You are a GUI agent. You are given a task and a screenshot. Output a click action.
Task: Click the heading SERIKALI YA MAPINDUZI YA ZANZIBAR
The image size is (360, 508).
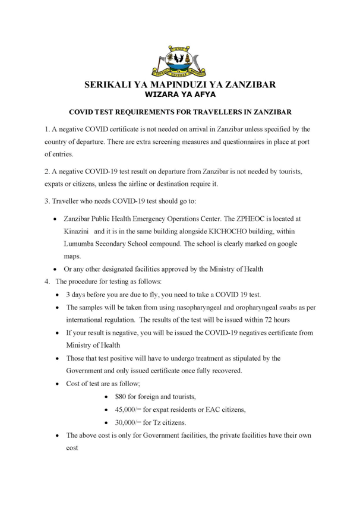[x=180, y=85]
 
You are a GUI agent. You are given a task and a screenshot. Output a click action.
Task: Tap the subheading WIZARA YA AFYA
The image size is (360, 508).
[x=180, y=94]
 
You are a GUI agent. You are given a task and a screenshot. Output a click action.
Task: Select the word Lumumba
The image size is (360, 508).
[x=81, y=244]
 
